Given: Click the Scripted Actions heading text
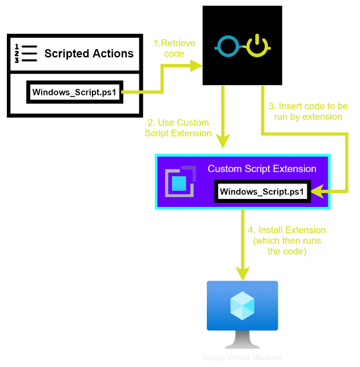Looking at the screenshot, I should [89, 54].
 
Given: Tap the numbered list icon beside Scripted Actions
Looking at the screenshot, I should [25, 53].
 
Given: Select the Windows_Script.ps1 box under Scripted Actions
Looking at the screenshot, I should [75, 92].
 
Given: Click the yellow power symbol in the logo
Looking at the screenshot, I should [257, 46].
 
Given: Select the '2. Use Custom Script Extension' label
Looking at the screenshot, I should [177, 127].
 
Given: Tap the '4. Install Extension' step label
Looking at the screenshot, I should [287, 241].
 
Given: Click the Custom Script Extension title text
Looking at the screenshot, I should [262, 169].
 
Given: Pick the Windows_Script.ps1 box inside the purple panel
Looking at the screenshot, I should [262, 192].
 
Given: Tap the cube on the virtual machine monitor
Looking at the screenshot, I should [242, 306].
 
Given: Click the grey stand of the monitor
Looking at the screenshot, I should [242, 341].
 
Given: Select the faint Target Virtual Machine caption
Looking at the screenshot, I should [242, 358].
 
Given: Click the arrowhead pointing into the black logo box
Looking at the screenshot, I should [198, 66].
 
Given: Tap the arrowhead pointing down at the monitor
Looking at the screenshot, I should [242, 272].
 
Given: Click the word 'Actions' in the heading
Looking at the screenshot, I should [113, 54].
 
